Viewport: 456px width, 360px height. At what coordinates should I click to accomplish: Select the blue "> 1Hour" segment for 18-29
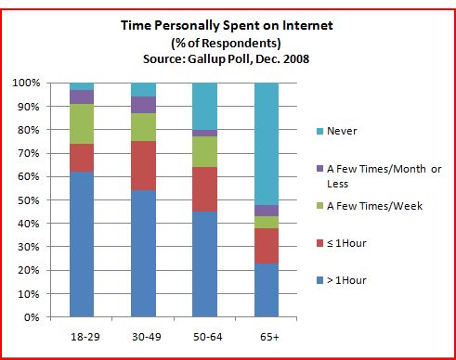tap(81, 244)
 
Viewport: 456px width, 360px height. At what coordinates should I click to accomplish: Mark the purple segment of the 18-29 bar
tap(81, 96)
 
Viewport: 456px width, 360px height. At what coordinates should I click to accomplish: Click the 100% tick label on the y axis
tap(26, 84)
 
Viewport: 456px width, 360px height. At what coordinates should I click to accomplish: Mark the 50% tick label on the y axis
tap(29, 200)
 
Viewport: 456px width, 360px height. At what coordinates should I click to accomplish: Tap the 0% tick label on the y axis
tap(32, 317)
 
